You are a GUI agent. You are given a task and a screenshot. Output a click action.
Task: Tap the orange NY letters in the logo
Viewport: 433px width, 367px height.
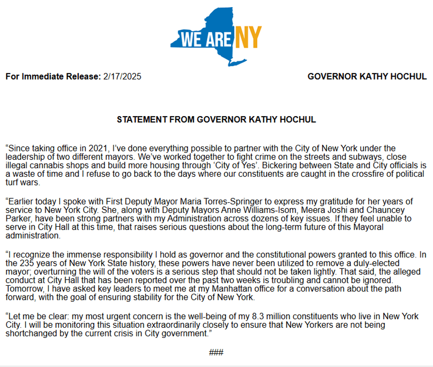point(247,38)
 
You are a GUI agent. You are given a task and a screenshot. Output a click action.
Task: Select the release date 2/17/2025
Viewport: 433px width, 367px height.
point(122,76)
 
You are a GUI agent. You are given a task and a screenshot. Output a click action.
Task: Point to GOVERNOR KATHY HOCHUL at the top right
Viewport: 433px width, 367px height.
point(367,76)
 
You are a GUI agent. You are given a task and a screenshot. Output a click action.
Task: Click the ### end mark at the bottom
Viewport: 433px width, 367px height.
point(216,352)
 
